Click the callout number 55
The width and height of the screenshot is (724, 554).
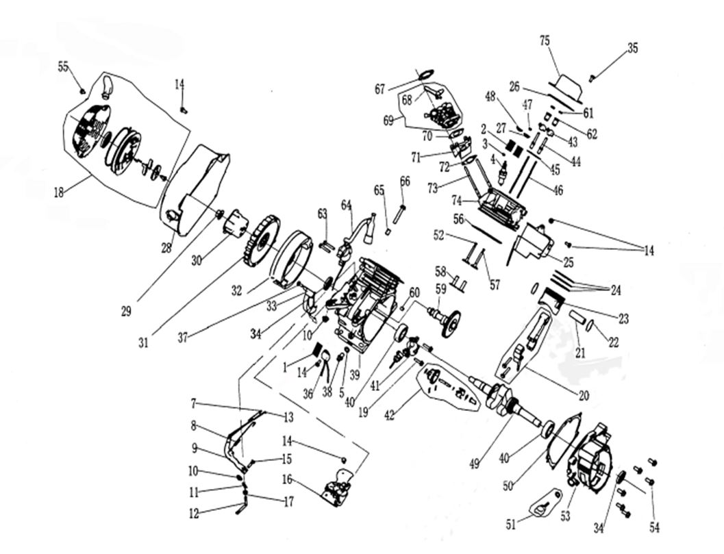click(x=63, y=66)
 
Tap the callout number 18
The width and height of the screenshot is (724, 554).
click(x=59, y=192)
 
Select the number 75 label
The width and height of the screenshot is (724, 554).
click(x=545, y=41)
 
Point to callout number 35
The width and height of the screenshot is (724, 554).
click(x=632, y=48)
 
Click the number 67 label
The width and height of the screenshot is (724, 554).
click(x=380, y=88)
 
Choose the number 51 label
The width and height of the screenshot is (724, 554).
click(x=510, y=525)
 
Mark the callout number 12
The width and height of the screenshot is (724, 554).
click(x=195, y=512)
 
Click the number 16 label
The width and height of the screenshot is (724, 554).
click(x=286, y=479)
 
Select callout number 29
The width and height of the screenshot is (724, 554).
click(x=126, y=311)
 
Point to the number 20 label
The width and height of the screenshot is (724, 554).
click(x=583, y=395)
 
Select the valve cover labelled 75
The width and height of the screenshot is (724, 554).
click(x=566, y=84)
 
